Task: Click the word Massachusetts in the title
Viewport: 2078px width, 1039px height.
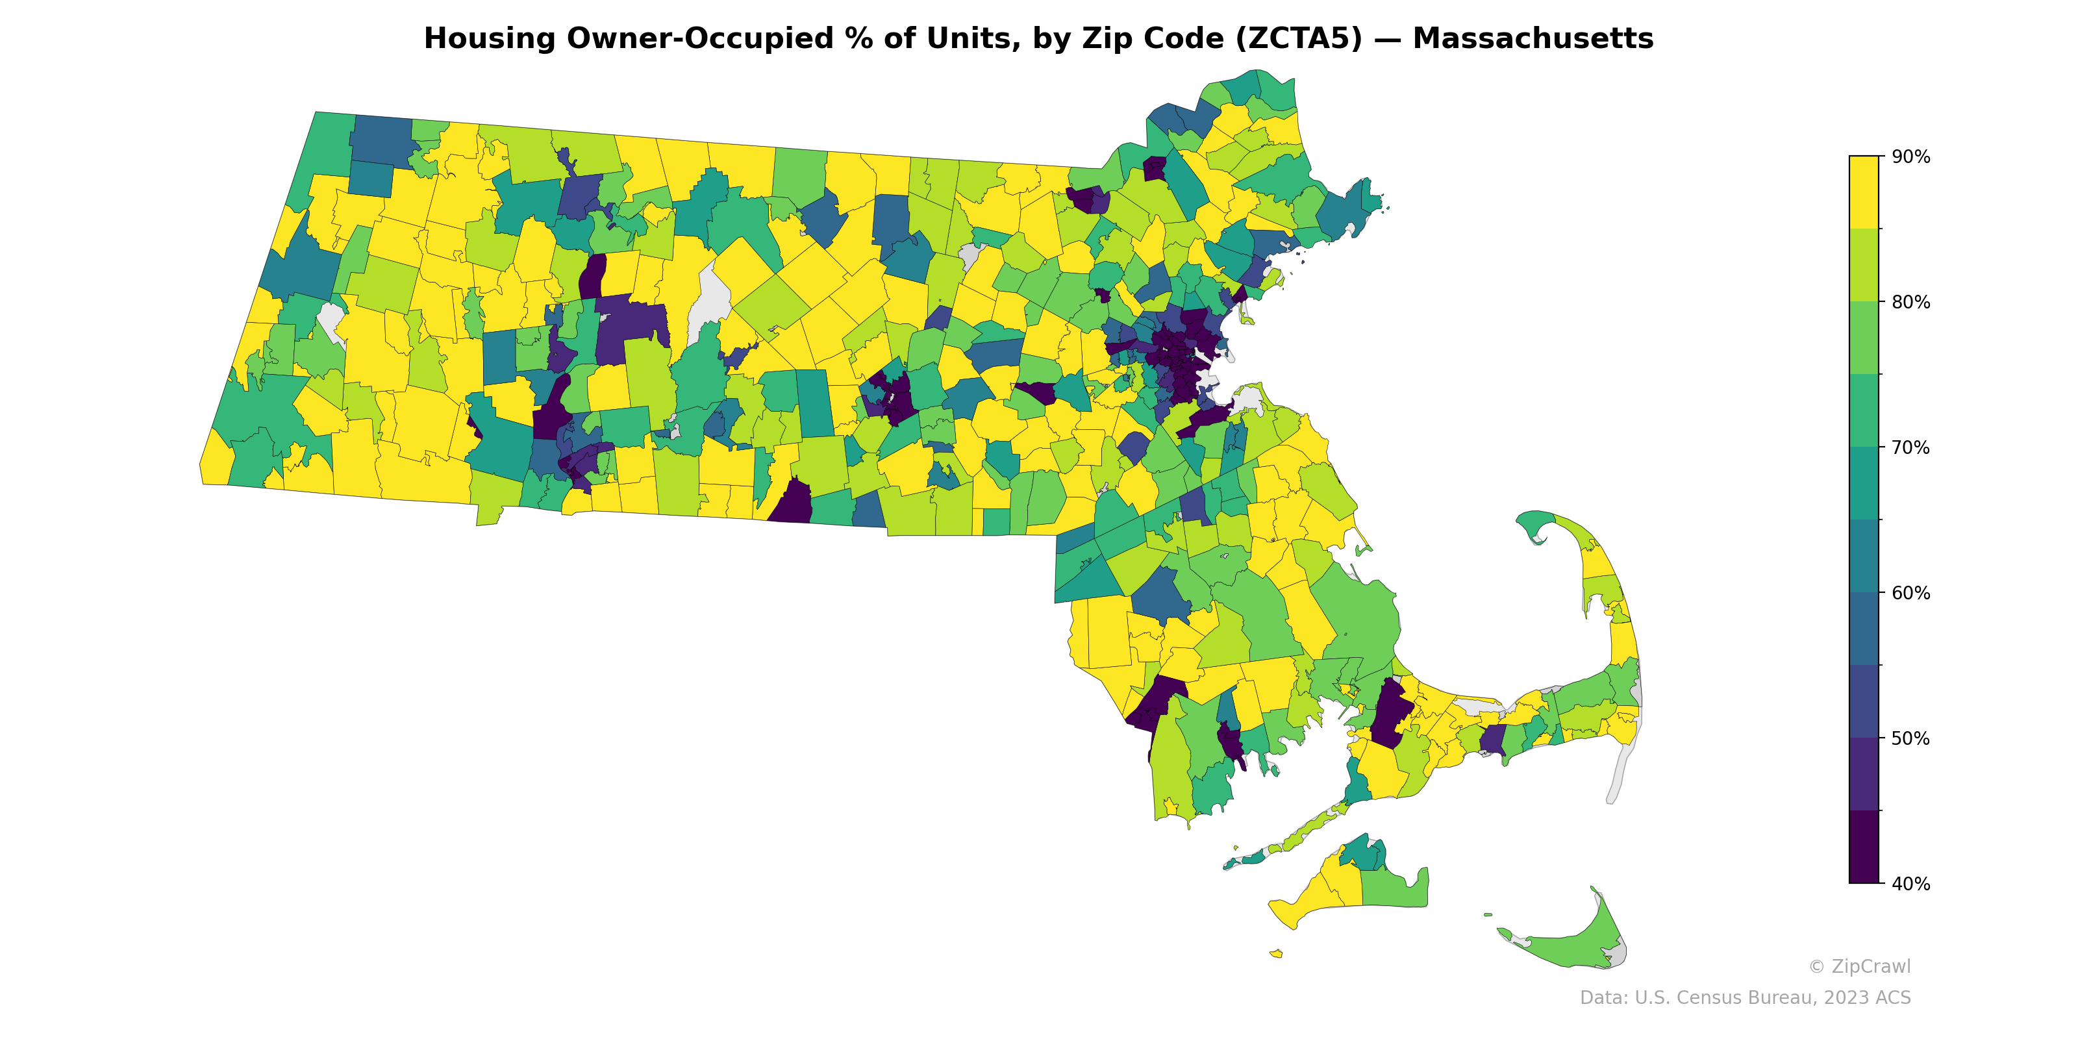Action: point(1533,39)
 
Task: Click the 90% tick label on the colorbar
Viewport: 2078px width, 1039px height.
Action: point(1911,157)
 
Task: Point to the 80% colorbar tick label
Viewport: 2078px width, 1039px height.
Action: point(1911,303)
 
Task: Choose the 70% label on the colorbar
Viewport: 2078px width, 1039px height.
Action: point(1911,447)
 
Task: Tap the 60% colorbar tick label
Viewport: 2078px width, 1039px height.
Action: point(1911,593)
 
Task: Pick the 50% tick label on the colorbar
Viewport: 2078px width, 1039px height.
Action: point(1911,738)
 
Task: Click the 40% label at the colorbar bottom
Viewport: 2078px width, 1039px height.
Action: point(1911,884)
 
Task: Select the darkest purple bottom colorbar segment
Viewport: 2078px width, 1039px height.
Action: point(1864,847)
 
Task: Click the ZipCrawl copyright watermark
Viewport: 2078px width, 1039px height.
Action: point(1859,966)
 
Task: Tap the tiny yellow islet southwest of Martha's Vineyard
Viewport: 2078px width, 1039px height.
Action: point(1276,953)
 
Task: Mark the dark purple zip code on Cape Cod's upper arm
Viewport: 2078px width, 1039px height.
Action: point(1492,738)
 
